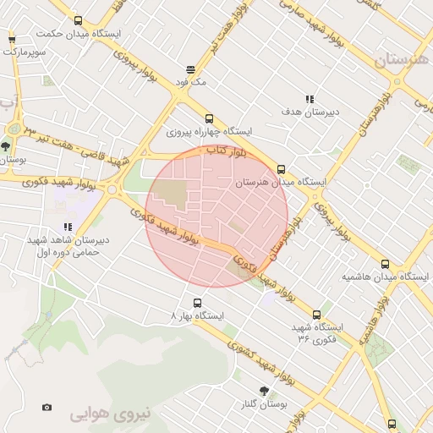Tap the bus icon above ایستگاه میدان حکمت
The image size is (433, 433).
pyautogui.click(x=79, y=21)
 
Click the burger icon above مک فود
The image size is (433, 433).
pyautogui.click(x=191, y=70)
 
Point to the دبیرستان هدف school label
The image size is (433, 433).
pyautogui.click(x=310, y=112)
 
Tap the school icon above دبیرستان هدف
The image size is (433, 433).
pyautogui.click(x=310, y=99)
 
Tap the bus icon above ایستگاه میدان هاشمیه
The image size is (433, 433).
pyautogui.click(x=386, y=264)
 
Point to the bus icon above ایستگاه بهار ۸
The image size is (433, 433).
pyautogui.click(x=198, y=302)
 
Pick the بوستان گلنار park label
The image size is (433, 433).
pyautogui.click(x=264, y=404)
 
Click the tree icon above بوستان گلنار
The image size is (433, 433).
pyautogui.click(x=265, y=390)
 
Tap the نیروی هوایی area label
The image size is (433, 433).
pyautogui.click(x=109, y=415)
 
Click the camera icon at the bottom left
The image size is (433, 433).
pyautogui.click(x=46, y=408)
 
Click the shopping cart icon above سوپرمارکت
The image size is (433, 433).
pyautogui.click(x=12, y=39)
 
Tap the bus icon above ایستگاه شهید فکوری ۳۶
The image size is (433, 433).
pyautogui.click(x=317, y=314)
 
